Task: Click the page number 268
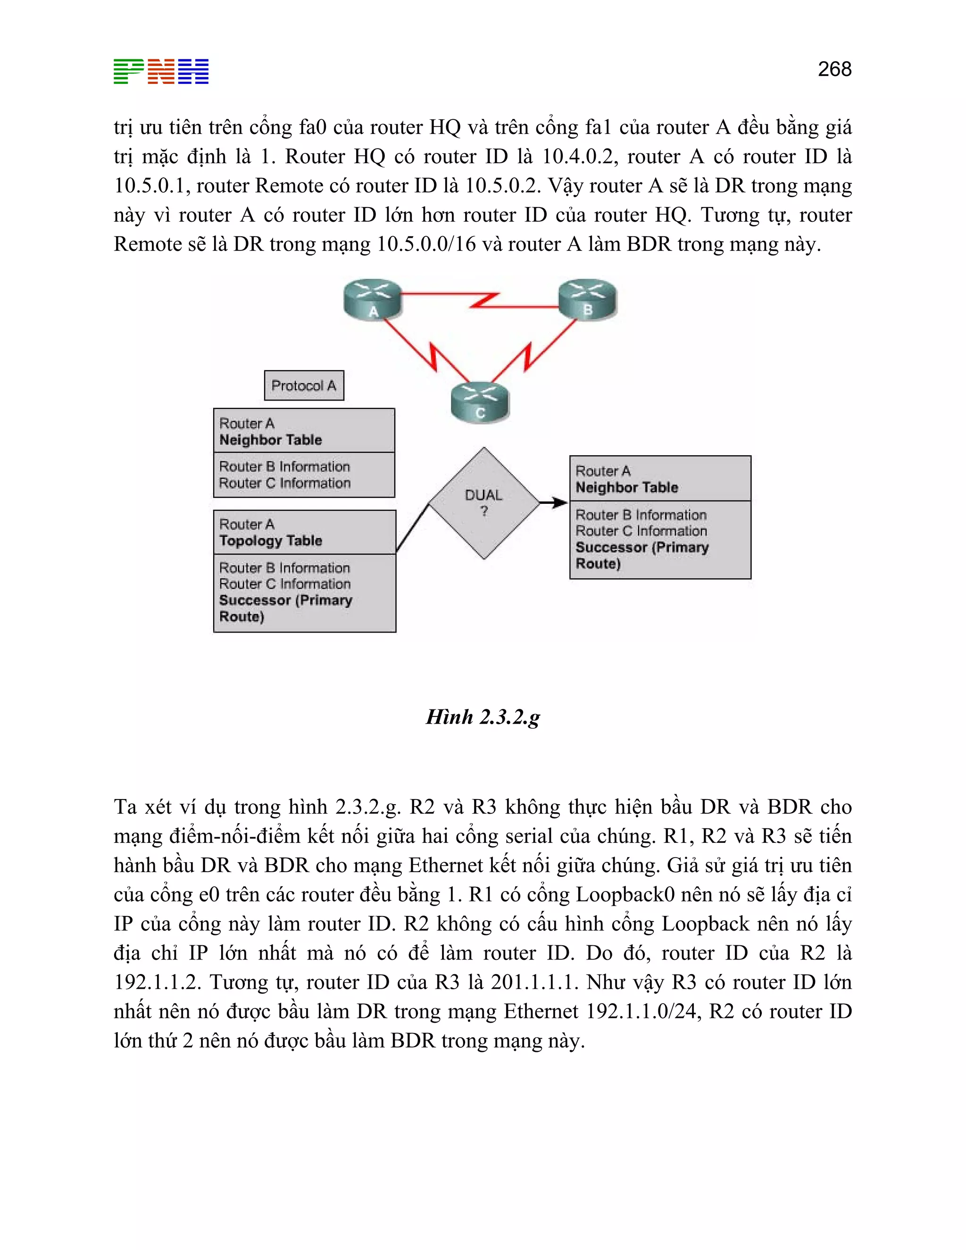pyautogui.click(x=834, y=69)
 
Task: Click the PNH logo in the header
pyautogui.click(x=161, y=72)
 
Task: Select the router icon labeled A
pyautogui.click(x=373, y=299)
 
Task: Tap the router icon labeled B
pyautogui.click(x=588, y=298)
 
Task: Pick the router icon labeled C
pyautogui.click(x=480, y=402)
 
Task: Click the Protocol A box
pyautogui.click(x=304, y=385)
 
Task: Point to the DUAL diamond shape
pyautogui.click(x=484, y=503)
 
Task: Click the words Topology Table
pyautogui.click(x=271, y=541)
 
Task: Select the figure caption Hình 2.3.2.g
pyautogui.click(x=483, y=717)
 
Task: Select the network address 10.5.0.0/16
pyautogui.click(x=426, y=244)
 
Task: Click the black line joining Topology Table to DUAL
pyautogui.click(x=413, y=528)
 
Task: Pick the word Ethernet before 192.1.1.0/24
pyautogui.click(x=541, y=1011)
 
